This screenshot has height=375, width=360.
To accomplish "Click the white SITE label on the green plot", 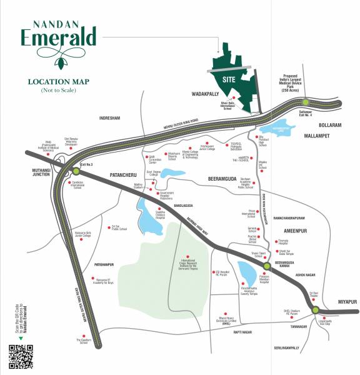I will (228, 79).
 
